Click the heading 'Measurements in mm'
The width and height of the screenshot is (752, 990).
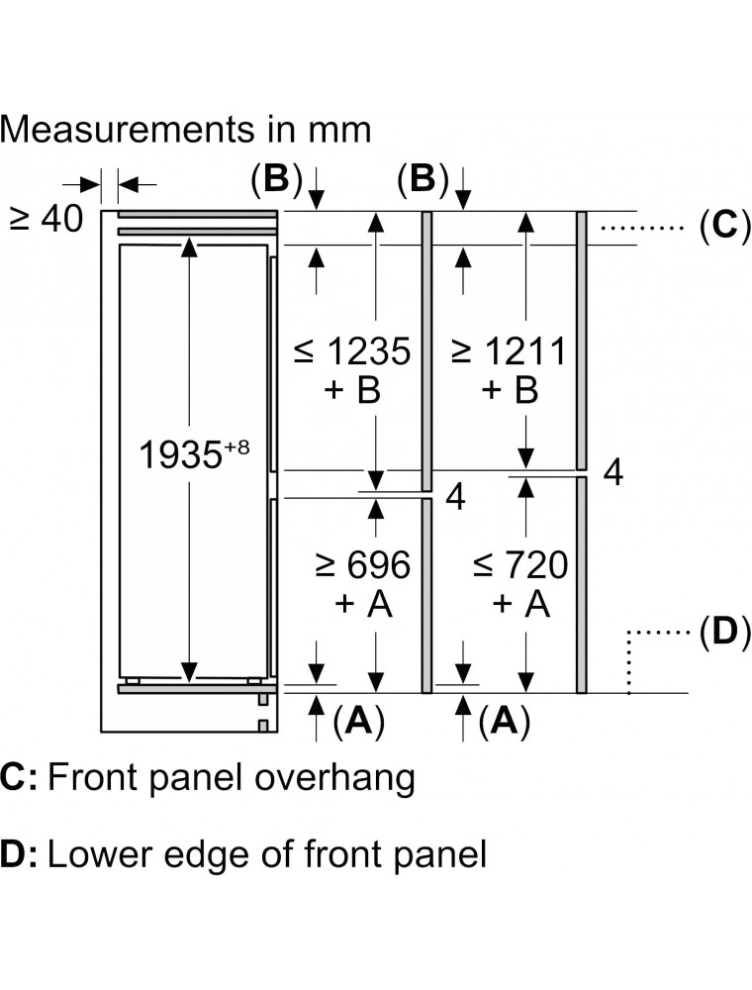pyautogui.click(x=187, y=129)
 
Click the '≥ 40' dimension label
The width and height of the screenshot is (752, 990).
pyautogui.click(x=47, y=219)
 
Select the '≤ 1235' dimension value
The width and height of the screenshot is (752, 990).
pyautogui.click(x=352, y=350)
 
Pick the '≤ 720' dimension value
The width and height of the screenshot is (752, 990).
pyautogui.click(x=520, y=566)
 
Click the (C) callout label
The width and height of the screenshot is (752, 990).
pyautogui.click(x=719, y=227)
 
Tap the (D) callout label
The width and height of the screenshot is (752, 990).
pyautogui.click(x=719, y=632)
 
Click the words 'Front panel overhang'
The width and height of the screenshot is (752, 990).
pyautogui.click(x=231, y=778)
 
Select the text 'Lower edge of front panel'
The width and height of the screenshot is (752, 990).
pyautogui.click(x=267, y=854)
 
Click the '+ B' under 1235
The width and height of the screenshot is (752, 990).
pyautogui.click(x=352, y=392)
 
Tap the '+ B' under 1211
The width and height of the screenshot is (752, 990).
pyautogui.click(x=511, y=392)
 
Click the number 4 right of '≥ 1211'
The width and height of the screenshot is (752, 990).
pyautogui.click(x=613, y=474)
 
